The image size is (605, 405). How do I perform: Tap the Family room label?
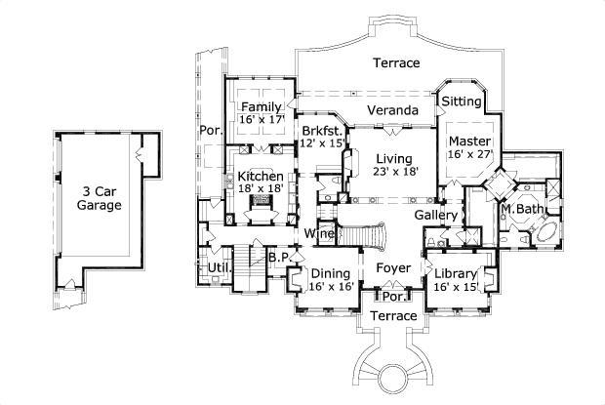click(262, 106)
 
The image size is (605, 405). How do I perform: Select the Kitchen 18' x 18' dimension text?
click(261, 190)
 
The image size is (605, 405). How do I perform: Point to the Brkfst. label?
click(320, 130)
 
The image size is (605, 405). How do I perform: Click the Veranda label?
click(393, 110)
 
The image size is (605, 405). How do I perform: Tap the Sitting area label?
click(462, 101)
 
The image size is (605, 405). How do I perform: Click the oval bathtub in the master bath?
click(544, 235)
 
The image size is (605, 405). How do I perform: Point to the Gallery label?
click(436, 215)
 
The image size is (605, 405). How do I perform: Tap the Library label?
click(457, 273)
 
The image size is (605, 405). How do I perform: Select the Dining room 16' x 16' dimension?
click(331, 288)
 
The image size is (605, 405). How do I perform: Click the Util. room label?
click(220, 266)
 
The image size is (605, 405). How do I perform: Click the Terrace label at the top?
click(396, 62)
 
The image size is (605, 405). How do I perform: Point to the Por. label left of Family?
click(210, 130)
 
